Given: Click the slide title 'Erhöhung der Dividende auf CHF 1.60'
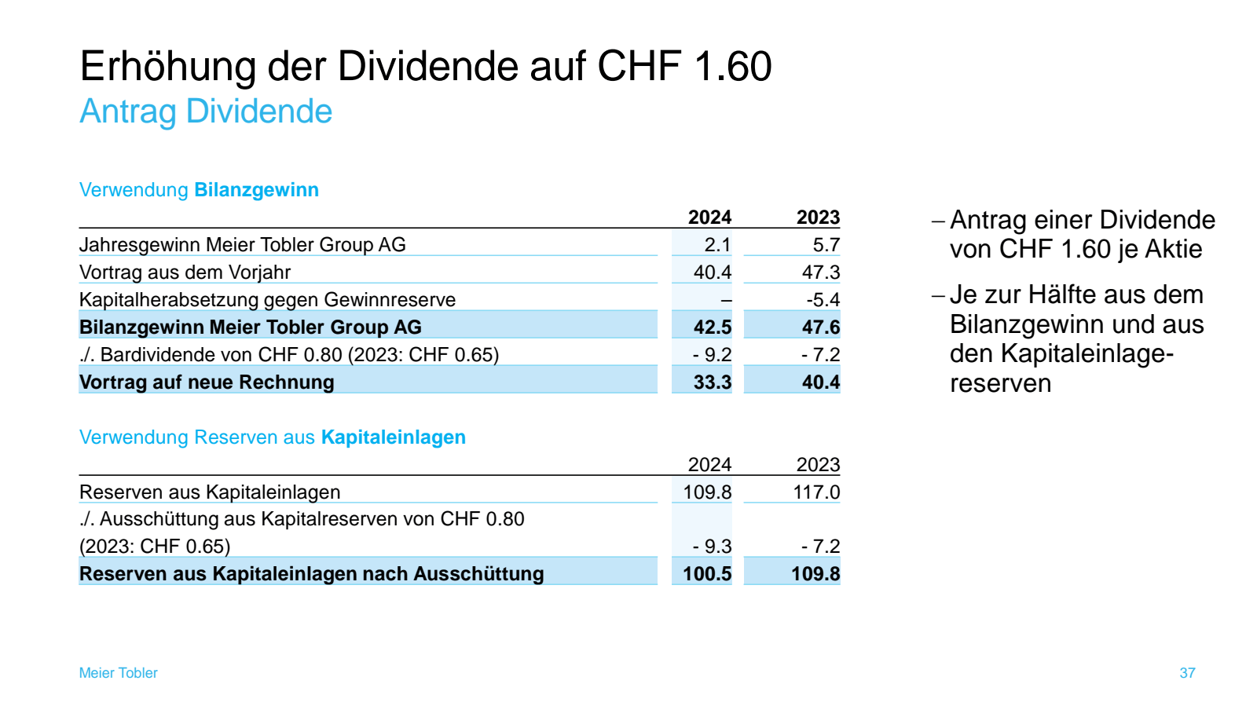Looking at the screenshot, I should [x=425, y=66].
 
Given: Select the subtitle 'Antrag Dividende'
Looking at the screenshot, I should [x=206, y=112].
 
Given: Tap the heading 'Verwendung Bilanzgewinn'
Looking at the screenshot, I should [x=199, y=190].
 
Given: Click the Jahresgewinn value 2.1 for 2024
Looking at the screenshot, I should [x=716, y=245].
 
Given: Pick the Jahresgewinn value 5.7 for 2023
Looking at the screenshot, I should [x=826, y=245].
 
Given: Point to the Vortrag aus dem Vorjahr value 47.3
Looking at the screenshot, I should [x=820, y=273].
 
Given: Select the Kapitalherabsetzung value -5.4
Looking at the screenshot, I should [x=823, y=300].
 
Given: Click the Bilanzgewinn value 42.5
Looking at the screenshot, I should [x=712, y=327].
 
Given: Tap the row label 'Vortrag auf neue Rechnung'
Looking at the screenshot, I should [x=207, y=382].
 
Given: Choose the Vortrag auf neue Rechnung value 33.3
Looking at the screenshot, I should [x=712, y=382].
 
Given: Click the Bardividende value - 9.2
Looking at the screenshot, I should [x=712, y=355].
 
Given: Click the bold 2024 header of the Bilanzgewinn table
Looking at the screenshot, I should [x=709, y=218].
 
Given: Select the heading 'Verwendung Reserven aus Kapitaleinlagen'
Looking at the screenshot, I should [x=272, y=437].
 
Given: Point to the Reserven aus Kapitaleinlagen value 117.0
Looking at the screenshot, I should [x=815, y=492].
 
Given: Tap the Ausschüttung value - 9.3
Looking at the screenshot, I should [x=712, y=547].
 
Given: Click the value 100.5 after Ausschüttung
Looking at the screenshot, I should [x=706, y=574].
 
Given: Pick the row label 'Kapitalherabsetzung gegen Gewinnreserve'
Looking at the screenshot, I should [x=267, y=300].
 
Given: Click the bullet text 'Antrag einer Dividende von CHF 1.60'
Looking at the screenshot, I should [x=1081, y=234].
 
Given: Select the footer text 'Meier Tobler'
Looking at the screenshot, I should [x=118, y=673].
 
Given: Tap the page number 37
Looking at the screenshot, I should [x=1187, y=673].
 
